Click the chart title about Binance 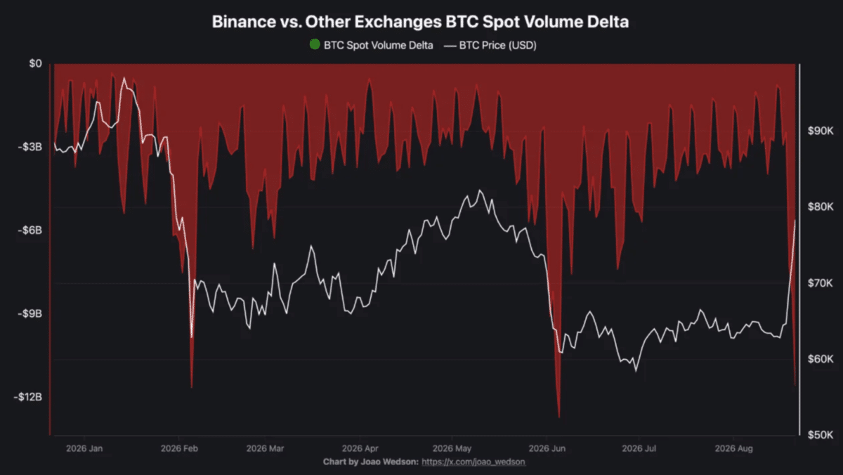coord(420,22)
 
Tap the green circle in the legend coord(315,44)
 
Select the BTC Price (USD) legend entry coord(490,46)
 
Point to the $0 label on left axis coord(36,64)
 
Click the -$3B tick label coord(30,147)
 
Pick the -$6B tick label coord(30,230)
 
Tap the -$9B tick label coord(30,313)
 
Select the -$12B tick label coord(28,397)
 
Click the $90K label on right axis coord(821,131)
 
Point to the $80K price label coord(821,207)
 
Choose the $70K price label coord(821,283)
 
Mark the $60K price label coord(821,359)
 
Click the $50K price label coord(821,435)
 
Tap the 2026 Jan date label coord(84,449)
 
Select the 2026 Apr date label coord(360,449)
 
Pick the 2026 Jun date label coord(547,449)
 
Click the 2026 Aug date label coord(734,449)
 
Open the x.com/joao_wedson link coord(473,462)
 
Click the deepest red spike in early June coord(559,417)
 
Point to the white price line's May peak coord(479,190)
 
